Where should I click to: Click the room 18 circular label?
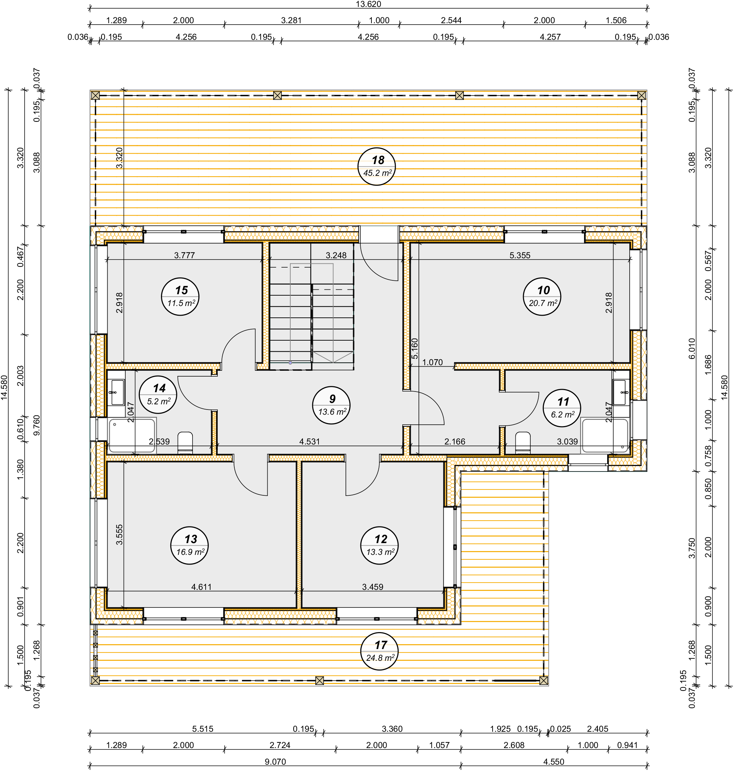click(377, 166)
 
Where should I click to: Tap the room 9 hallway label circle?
click(331, 405)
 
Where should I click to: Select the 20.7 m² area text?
click(543, 303)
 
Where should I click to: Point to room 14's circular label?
click(158, 395)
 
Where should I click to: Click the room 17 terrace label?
click(379, 651)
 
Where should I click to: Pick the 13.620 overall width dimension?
click(368, 4)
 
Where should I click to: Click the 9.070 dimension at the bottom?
click(275, 762)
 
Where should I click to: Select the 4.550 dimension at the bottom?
click(554, 762)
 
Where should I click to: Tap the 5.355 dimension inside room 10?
click(520, 255)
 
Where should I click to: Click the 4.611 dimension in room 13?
click(201, 587)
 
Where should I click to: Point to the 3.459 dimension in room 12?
click(372, 587)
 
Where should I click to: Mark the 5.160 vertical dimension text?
click(415, 349)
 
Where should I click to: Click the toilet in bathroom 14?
click(186, 442)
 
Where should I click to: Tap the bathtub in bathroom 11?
click(605, 436)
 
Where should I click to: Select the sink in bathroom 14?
click(116, 393)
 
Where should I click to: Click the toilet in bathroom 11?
click(522, 442)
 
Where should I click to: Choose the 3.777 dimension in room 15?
click(184, 255)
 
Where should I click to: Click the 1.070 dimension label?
click(432, 362)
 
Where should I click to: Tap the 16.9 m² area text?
click(190, 552)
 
